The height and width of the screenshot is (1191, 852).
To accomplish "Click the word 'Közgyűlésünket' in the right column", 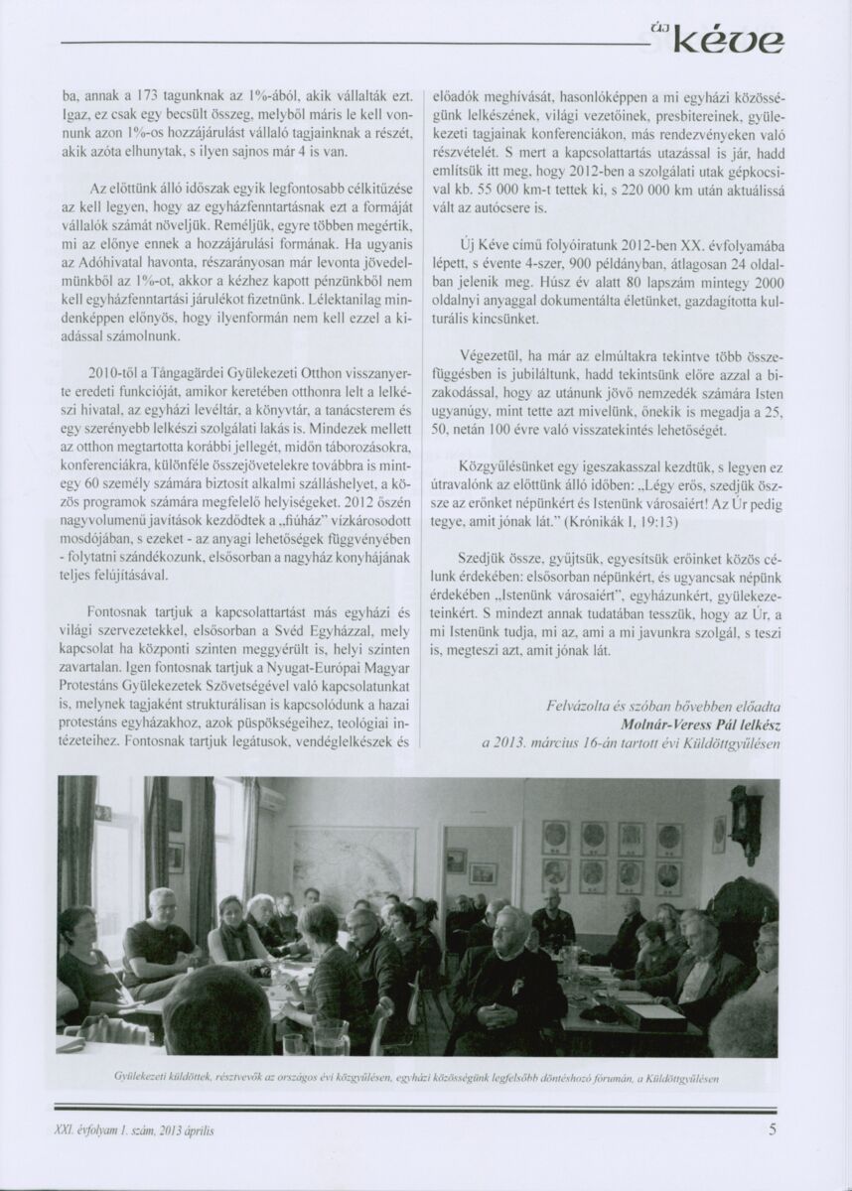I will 505,464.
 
